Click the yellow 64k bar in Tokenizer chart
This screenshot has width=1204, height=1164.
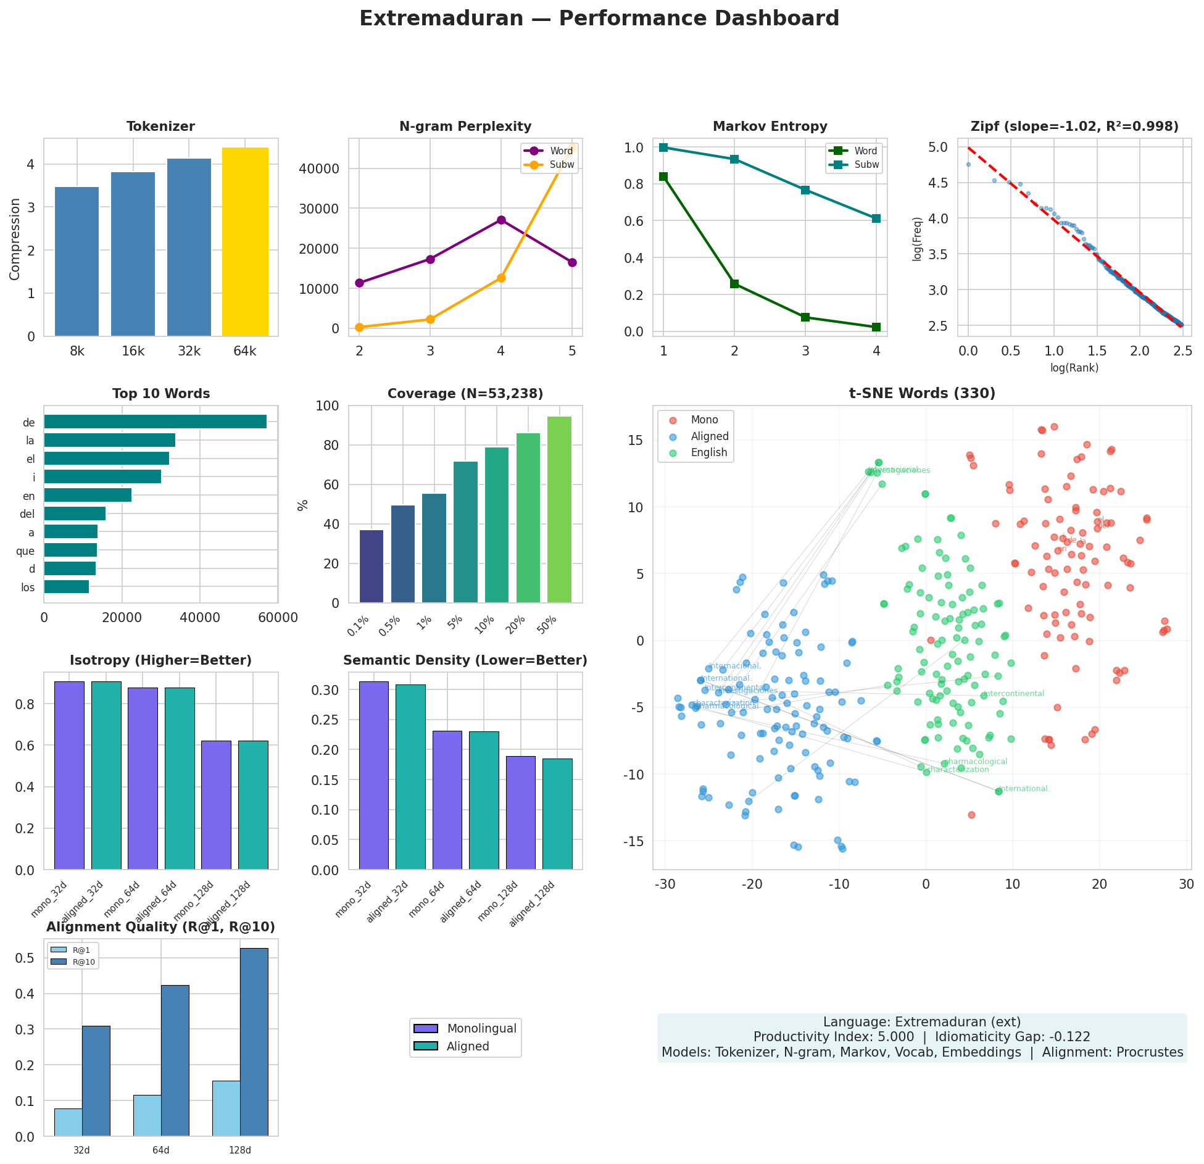click(x=245, y=242)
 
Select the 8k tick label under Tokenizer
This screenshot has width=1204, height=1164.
click(x=77, y=352)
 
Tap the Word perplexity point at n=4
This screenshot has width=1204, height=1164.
click(x=501, y=220)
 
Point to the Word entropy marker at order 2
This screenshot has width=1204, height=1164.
click(x=734, y=284)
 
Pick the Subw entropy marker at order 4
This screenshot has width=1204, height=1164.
click(x=876, y=218)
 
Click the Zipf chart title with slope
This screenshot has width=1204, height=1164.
click(x=1074, y=127)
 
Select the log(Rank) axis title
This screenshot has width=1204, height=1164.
click(x=1074, y=368)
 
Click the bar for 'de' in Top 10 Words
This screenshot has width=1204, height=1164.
click(x=155, y=422)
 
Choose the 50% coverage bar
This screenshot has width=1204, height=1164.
click(x=559, y=509)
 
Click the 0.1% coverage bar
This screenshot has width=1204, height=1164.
click(x=371, y=566)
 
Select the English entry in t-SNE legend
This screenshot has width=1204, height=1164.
click(x=708, y=452)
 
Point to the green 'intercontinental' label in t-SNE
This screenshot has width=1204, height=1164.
click(x=1013, y=694)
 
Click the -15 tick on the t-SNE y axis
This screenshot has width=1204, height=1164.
click(x=635, y=841)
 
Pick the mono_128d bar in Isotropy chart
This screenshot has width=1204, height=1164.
click(x=216, y=805)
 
